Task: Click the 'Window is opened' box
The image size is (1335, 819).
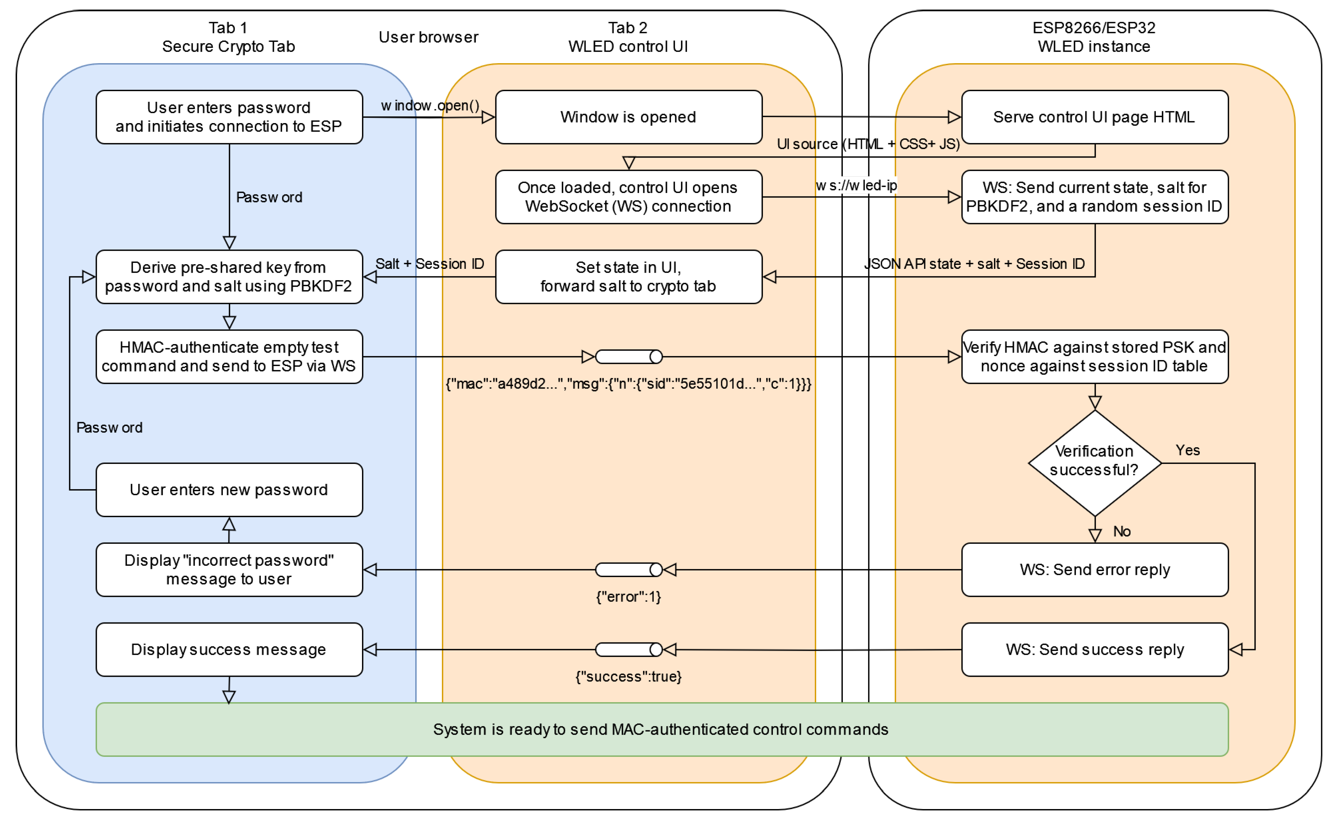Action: pyautogui.click(x=628, y=117)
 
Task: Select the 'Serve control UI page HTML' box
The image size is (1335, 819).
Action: pyautogui.click(x=1094, y=117)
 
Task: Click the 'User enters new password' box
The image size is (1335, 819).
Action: pyautogui.click(x=229, y=490)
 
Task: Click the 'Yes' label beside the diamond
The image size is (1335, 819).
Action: pyautogui.click(x=1188, y=450)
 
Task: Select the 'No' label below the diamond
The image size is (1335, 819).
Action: pyautogui.click(x=1121, y=531)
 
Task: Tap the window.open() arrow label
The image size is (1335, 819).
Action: pyautogui.click(x=430, y=106)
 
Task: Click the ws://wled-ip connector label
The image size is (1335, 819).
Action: pyautogui.click(x=856, y=185)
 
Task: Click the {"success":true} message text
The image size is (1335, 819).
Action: pyautogui.click(x=628, y=676)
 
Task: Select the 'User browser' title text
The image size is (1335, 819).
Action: pyautogui.click(x=428, y=37)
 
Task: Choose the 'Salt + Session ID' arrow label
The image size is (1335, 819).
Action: pyautogui.click(x=430, y=264)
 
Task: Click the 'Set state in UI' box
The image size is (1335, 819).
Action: pyautogui.click(x=628, y=276)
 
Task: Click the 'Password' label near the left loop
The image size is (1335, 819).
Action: pyautogui.click(x=109, y=427)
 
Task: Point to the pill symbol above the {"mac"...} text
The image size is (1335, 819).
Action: pyautogui.click(x=628, y=356)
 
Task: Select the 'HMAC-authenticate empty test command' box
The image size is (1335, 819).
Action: pyautogui.click(x=229, y=356)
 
